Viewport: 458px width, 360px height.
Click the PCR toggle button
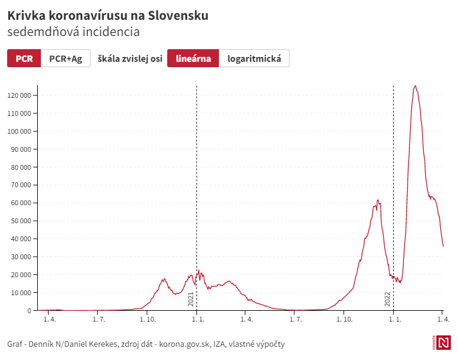(24, 58)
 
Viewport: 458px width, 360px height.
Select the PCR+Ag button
(65, 58)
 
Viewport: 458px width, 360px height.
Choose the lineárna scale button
(193, 58)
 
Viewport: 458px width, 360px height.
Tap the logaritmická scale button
(254, 58)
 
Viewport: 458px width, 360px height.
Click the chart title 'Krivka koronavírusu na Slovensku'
(108, 16)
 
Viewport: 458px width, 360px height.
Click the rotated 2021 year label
(191, 299)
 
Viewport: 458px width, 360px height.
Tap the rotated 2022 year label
(387, 299)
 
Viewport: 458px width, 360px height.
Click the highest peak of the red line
(415, 86)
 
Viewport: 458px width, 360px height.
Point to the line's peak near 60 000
(378, 200)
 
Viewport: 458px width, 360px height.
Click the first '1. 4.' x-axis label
(50, 320)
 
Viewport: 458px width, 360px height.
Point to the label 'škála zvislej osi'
(129, 58)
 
